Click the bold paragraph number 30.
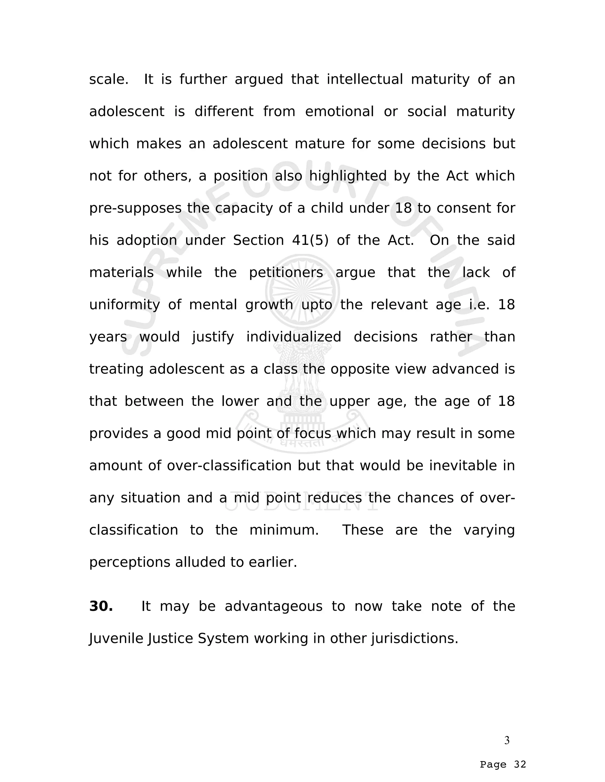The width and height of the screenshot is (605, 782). coord(101,606)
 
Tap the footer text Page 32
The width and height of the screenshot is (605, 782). coord(503,765)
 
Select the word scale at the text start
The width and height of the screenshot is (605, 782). coord(108,79)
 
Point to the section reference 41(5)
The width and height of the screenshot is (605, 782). coord(310,240)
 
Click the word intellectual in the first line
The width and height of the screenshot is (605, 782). coord(365,79)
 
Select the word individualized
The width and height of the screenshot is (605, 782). coord(294,337)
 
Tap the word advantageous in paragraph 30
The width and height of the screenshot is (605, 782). coord(274,606)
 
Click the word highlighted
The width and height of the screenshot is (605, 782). coord(348,176)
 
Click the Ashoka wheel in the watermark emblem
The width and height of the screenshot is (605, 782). coord(302,292)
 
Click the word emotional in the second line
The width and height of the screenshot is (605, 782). coord(339,112)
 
